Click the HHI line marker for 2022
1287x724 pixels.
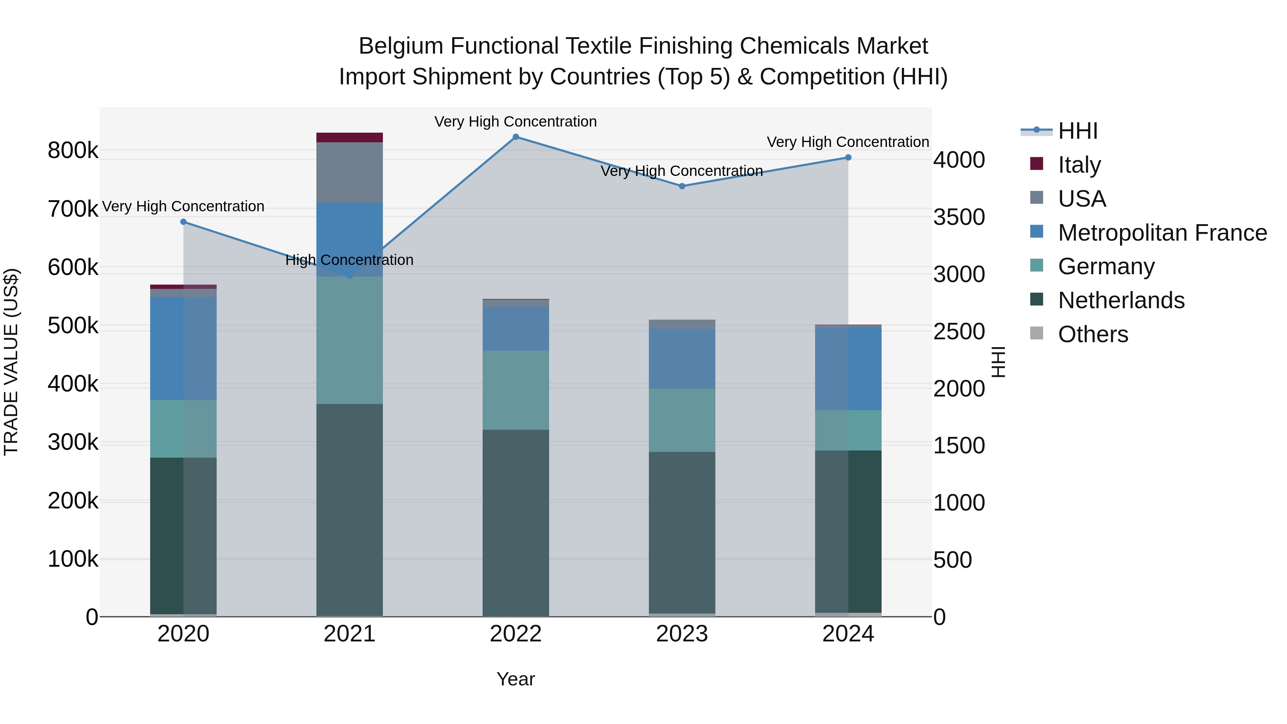click(516, 137)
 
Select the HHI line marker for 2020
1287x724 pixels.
click(183, 222)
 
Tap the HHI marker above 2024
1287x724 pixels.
click(848, 157)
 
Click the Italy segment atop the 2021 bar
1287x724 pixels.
click(349, 137)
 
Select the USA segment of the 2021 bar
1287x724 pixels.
click(349, 172)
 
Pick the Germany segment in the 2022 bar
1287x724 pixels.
click(516, 390)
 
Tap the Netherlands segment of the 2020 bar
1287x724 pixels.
click(183, 535)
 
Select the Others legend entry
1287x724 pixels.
click(1092, 334)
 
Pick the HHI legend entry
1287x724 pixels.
click(1077, 130)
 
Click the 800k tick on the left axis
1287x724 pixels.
click(73, 151)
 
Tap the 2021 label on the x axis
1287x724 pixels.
click(349, 634)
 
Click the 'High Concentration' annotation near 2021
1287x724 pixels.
click(349, 260)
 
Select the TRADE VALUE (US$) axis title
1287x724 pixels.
click(11, 362)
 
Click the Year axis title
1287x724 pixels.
click(516, 679)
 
